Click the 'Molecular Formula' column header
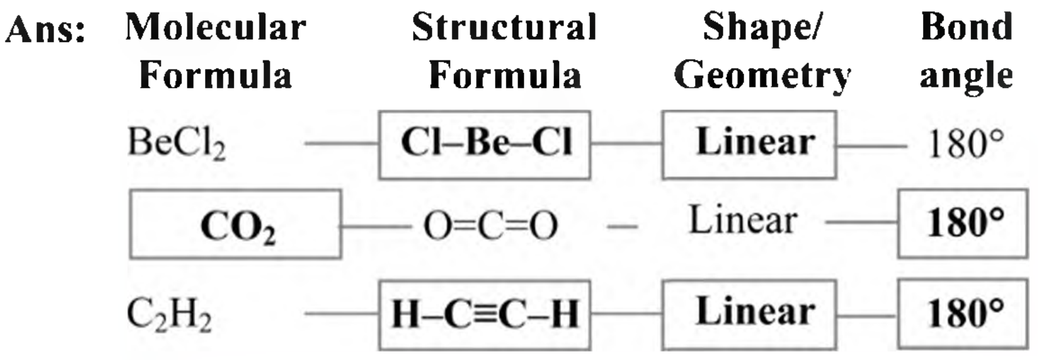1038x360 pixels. click(x=216, y=51)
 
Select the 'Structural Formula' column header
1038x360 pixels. click(x=505, y=51)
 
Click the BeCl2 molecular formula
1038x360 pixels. click(x=177, y=143)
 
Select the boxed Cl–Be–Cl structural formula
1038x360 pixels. click(x=484, y=145)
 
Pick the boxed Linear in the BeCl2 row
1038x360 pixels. click(x=750, y=145)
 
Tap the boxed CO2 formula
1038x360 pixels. click(x=235, y=224)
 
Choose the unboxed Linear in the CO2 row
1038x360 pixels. click(x=743, y=220)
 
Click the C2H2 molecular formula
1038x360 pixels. click(x=169, y=315)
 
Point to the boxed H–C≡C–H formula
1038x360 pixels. click(x=484, y=315)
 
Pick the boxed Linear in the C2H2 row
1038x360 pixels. click(x=750, y=315)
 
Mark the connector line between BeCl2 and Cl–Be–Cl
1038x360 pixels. click(x=342, y=144)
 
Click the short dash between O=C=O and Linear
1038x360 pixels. click(x=622, y=227)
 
